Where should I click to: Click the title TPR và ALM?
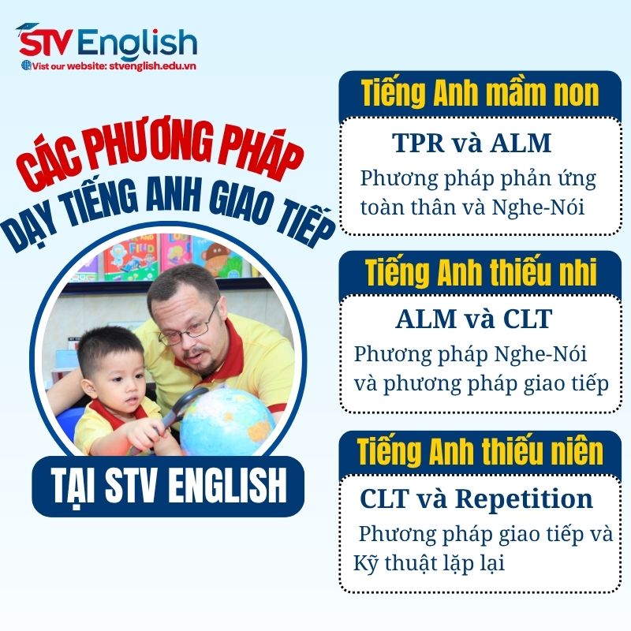471,144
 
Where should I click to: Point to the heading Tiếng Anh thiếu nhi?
480,272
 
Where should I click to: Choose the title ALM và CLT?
473,319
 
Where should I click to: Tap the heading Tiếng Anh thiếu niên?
480,451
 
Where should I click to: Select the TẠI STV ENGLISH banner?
167,485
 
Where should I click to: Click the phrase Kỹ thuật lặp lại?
428,563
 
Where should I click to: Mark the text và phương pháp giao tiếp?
481,384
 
